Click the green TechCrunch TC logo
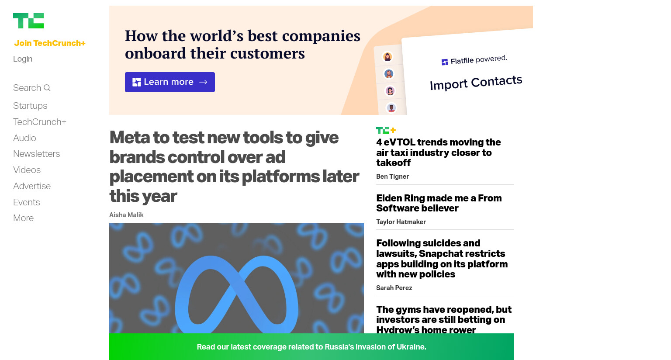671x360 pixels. tap(28, 21)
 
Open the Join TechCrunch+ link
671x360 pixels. tap(50, 43)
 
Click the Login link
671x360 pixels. tap(23, 59)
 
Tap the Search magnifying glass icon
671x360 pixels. tap(47, 88)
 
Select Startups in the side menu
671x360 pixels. tap(30, 106)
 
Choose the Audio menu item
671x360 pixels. tap(24, 138)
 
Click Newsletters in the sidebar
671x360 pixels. tap(37, 154)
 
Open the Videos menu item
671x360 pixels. tap(27, 170)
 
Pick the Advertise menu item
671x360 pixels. tap(32, 186)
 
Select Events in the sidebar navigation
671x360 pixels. tap(27, 202)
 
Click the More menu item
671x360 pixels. tap(23, 218)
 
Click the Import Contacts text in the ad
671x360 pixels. tap(476, 83)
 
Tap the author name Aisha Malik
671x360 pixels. tap(126, 215)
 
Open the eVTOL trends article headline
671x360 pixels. tap(439, 152)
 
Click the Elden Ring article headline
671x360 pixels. tap(439, 203)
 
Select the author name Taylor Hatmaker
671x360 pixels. tap(401, 222)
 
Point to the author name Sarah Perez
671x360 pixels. tap(394, 288)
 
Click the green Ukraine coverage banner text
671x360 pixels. tap(311, 347)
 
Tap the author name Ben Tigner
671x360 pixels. tap(393, 177)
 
